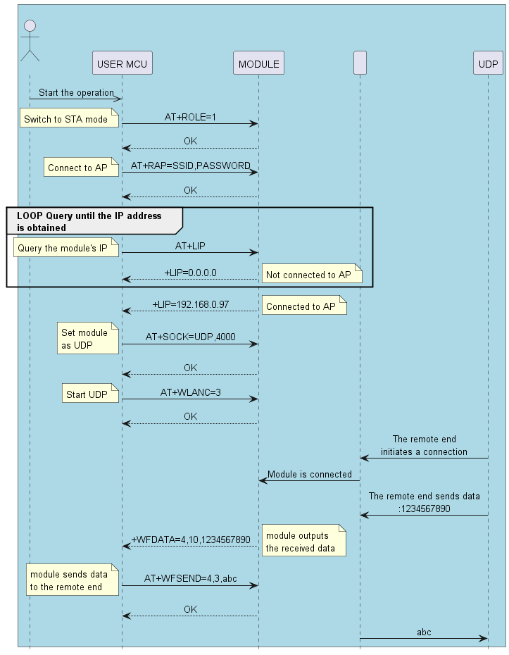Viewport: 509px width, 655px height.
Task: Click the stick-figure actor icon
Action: tap(30, 40)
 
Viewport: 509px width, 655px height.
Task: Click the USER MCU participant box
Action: tap(122, 63)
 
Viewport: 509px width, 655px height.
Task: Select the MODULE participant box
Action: tap(258, 63)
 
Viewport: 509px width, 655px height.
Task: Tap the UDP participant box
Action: tap(488, 63)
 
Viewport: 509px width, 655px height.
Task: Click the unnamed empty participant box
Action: tap(360, 63)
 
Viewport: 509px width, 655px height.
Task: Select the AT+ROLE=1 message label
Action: tap(190, 116)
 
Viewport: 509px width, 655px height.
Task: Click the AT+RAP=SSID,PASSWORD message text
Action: tap(190, 166)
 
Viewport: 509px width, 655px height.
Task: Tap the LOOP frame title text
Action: tap(89, 221)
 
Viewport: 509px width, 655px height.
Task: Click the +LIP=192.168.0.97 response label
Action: tap(190, 304)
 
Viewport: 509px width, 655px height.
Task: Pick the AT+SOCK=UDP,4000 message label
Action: tap(190, 337)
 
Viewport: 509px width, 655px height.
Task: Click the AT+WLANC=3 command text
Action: tap(190, 392)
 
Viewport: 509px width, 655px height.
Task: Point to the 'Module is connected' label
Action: tap(310, 474)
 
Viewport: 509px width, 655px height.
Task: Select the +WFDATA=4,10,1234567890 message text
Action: tap(191, 539)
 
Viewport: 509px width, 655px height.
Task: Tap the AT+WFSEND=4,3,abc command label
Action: tap(190, 578)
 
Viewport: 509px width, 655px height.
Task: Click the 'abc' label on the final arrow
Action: tap(424, 632)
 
